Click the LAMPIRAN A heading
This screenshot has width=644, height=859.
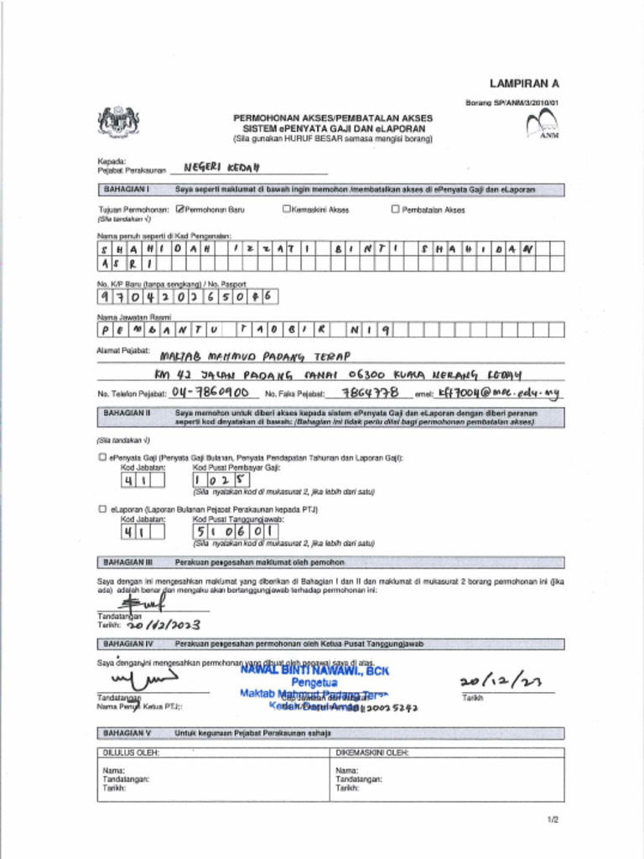524,84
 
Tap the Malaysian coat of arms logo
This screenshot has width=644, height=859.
119,122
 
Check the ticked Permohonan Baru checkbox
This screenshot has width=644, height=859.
179,210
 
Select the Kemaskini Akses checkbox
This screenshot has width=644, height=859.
286,210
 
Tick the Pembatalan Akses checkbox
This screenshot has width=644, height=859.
395,210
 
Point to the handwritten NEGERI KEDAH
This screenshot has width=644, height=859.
210,167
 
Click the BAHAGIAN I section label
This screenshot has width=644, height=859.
126,190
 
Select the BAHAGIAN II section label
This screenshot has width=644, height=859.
126,413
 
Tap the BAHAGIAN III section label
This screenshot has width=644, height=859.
127,561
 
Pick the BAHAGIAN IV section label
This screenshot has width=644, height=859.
127,644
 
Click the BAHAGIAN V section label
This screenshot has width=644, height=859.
127,733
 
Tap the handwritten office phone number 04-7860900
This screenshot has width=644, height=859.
209,392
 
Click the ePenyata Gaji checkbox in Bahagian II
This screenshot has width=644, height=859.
102,458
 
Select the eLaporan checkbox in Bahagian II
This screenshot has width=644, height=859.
102,509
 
